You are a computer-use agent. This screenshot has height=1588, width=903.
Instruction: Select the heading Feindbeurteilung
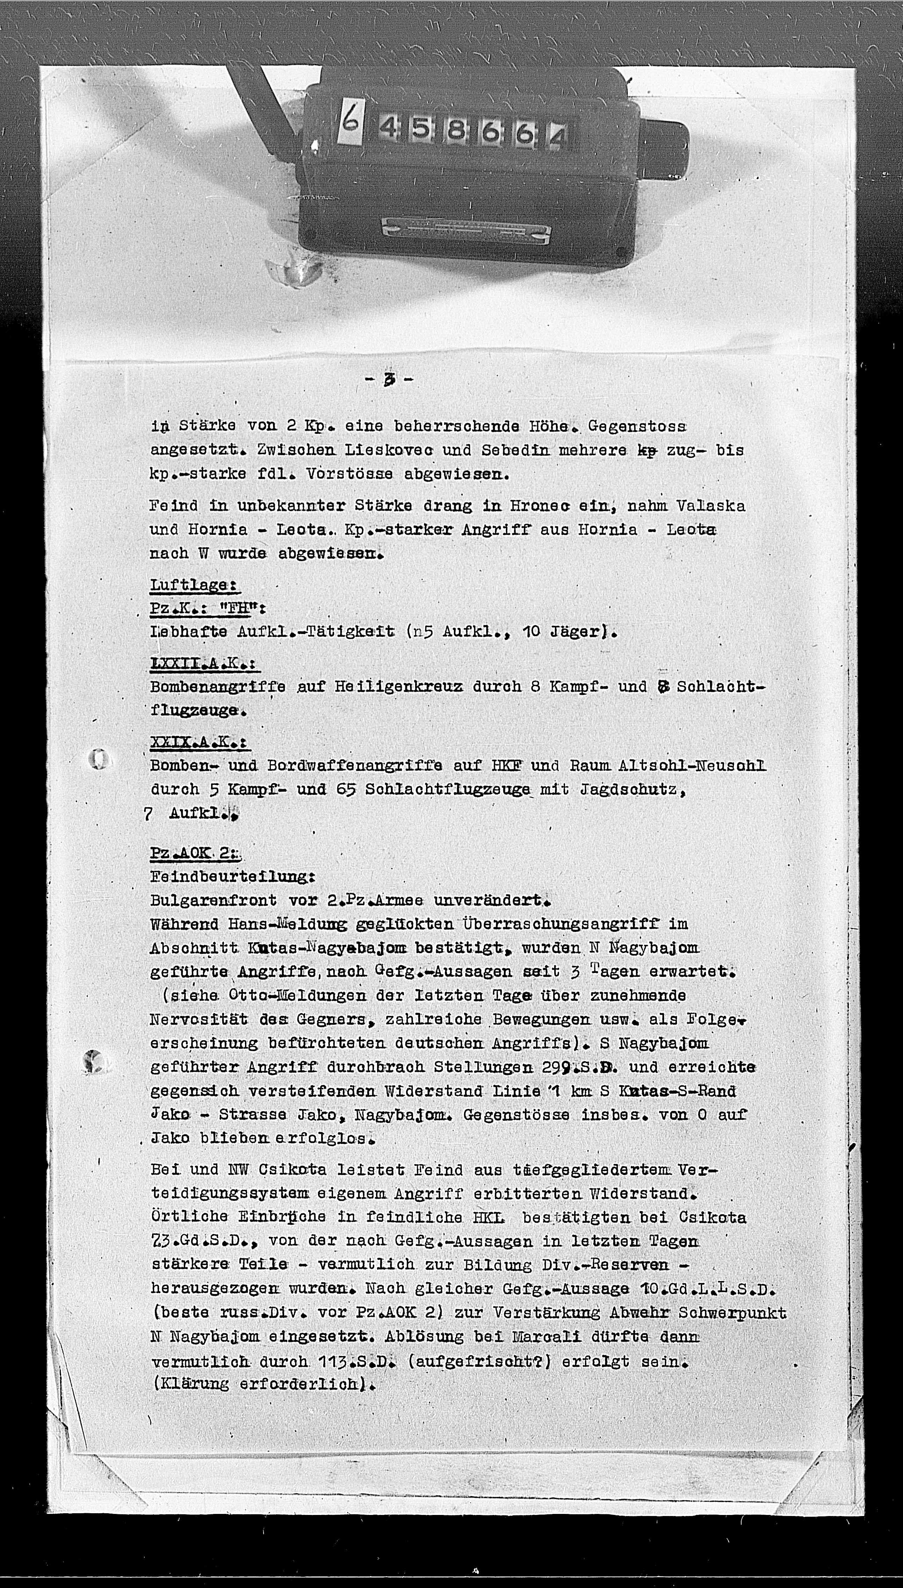pyautogui.click(x=233, y=877)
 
